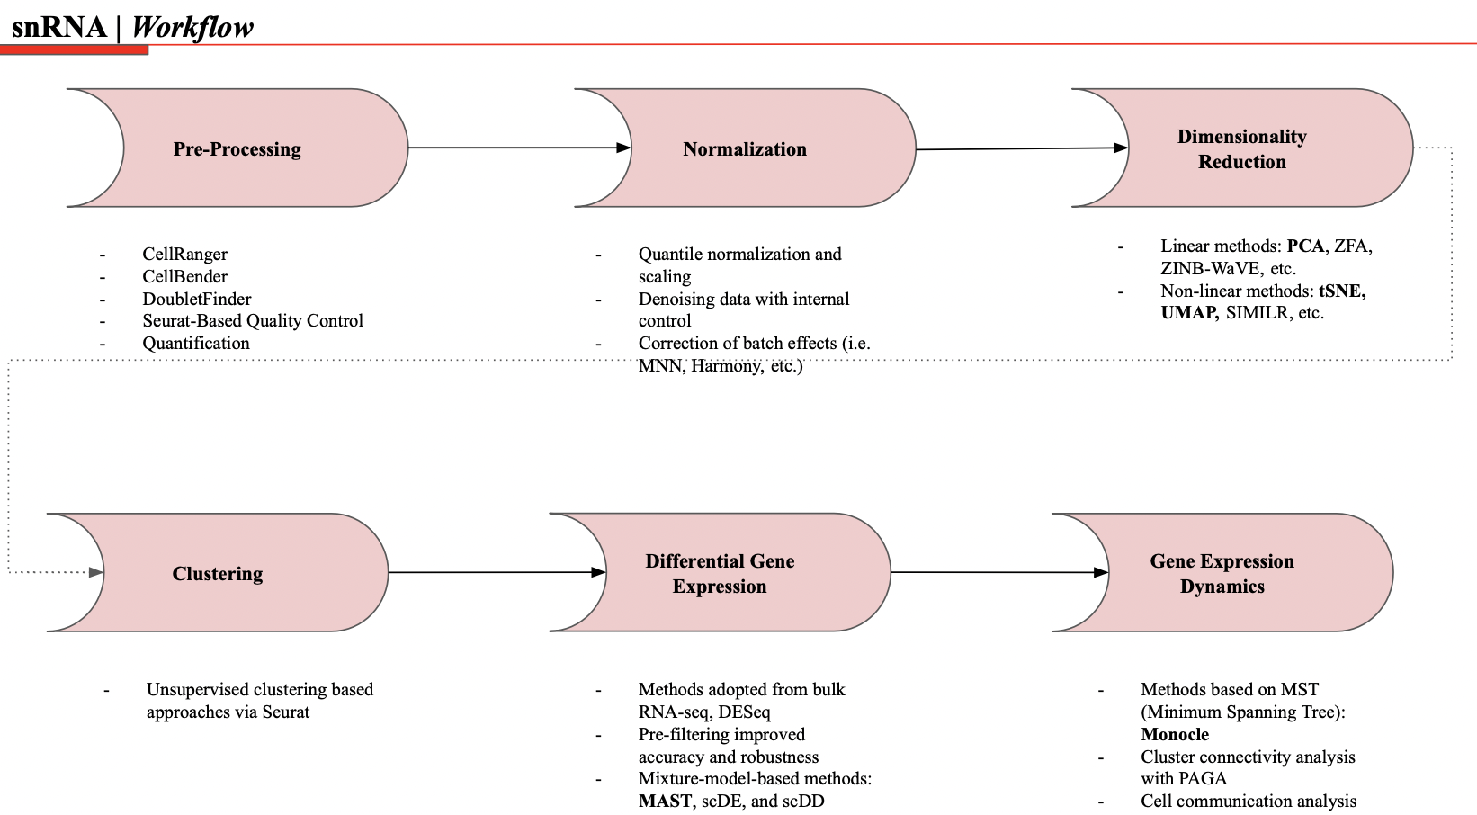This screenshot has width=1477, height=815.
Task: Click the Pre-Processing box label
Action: tap(237, 149)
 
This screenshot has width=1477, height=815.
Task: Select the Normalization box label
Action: tap(745, 149)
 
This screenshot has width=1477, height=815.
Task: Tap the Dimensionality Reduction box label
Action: tap(1241, 149)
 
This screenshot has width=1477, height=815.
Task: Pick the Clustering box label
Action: tap(218, 574)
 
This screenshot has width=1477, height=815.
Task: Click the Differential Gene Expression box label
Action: tap(720, 574)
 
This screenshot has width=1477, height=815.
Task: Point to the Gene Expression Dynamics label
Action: tap(1222, 574)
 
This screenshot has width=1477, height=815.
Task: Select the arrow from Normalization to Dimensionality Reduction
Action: tap(1021, 148)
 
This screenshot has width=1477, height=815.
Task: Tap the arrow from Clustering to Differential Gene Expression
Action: tap(495, 572)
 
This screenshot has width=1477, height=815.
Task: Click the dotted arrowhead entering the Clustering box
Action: tap(96, 572)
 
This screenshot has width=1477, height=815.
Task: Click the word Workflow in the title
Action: tap(192, 27)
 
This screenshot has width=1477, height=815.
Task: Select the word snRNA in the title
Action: tap(59, 27)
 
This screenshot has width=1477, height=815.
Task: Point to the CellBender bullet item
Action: tap(184, 276)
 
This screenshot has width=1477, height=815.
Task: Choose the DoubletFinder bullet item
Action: tap(196, 299)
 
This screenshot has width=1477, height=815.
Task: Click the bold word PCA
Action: tap(1305, 246)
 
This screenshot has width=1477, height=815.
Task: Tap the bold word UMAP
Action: tap(1189, 313)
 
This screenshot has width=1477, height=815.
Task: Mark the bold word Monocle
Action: tap(1175, 734)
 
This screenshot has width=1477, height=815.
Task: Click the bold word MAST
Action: tap(665, 801)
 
